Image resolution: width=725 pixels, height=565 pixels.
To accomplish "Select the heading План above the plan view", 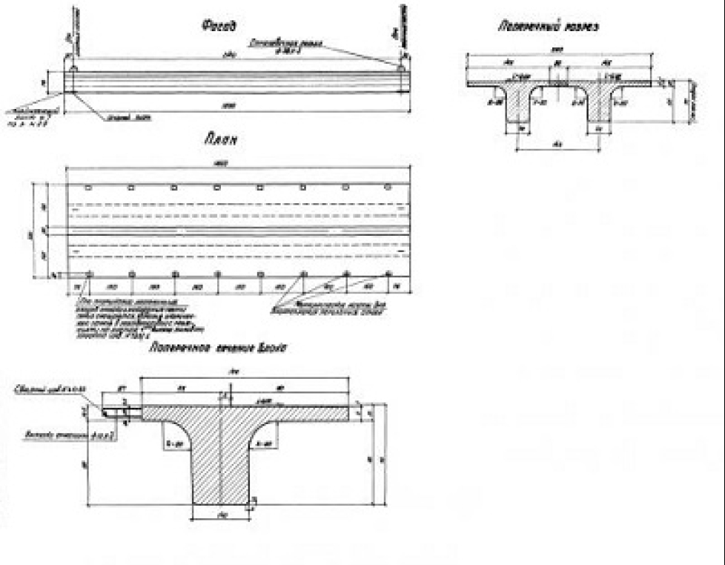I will pos(223,139).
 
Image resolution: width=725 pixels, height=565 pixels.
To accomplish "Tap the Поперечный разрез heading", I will pos(548,27).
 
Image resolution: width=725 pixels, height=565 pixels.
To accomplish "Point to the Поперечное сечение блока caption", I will pos(218,347).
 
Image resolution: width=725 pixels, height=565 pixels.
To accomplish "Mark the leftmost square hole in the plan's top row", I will pos(87,187).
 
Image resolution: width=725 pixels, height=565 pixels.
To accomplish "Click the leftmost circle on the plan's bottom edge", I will pos(89,274).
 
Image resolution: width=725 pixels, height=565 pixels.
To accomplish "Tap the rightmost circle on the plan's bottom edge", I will pos(388,274).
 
